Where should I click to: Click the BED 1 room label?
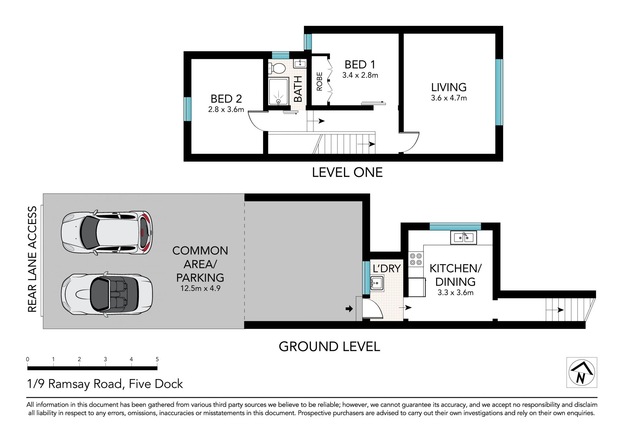point(360,65)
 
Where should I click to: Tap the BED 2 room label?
point(226,99)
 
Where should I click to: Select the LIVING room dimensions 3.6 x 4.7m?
point(449,98)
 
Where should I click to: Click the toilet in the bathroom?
point(276,68)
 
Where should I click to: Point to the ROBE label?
point(320,81)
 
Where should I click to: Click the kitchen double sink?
point(463,238)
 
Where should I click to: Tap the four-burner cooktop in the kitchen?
point(416,259)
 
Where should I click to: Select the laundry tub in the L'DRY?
point(377,283)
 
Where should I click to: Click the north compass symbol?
point(582,373)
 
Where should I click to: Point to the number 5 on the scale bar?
point(157,359)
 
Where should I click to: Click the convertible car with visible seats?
point(107,295)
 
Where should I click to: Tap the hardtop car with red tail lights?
point(107,233)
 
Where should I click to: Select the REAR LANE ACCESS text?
point(32,259)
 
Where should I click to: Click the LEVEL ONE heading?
point(347,172)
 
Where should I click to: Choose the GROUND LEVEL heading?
point(329,347)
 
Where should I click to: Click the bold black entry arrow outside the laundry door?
point(349,309)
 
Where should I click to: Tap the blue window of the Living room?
point(499,92)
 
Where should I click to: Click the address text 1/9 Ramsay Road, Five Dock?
point(105,384)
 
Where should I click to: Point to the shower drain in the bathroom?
point(278,101)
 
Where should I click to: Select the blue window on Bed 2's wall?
point(188,109)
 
